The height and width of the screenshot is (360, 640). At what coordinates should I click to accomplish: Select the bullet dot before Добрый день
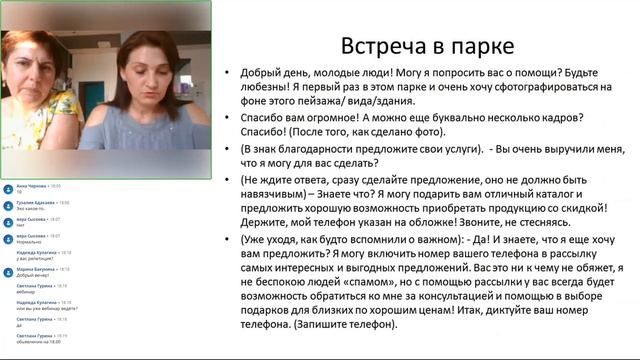[x=229, y=74]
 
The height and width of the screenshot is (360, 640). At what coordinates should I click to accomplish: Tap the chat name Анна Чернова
[x=31, y=186]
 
